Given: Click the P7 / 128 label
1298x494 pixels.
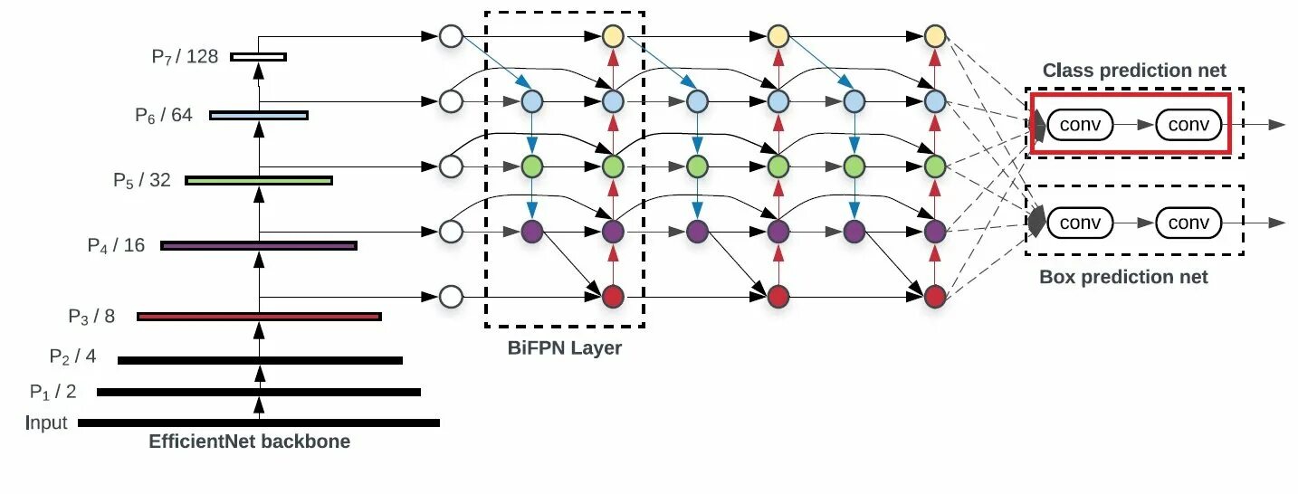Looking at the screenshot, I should tap(185, 57).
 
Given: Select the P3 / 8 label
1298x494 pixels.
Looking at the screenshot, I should tap(91, 317).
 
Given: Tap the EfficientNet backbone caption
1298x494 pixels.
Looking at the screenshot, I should tap(249, 442).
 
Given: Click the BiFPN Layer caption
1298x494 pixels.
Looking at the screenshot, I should tap(564, 347).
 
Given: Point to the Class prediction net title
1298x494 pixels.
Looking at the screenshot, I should tap(1134, 71).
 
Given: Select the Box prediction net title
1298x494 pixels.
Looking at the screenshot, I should tap(1123, 277).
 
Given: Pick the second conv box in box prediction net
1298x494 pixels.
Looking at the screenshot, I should tap(1188, 223).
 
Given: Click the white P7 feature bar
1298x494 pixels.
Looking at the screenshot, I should tap(258, 57).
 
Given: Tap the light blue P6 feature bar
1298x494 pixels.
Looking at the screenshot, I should tap(258, 115).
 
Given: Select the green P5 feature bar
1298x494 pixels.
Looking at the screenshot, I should tap(259, 180).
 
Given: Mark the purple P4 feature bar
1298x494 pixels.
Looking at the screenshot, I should tap(259, 245).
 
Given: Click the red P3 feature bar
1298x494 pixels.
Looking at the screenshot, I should tap(259, 317).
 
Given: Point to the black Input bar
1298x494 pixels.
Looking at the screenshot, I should tap(259, 423).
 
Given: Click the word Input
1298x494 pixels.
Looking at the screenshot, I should tap(47, 423).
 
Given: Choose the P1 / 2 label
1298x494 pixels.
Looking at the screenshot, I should tap(52, 392).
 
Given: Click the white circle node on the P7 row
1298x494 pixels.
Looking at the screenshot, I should tap(451, 37).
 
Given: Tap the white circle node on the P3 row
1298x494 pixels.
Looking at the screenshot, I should tap(451, 296).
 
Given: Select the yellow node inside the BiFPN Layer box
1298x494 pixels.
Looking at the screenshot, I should tap(614, 37).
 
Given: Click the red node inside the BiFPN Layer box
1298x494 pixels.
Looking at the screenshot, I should tap(614, 296).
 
